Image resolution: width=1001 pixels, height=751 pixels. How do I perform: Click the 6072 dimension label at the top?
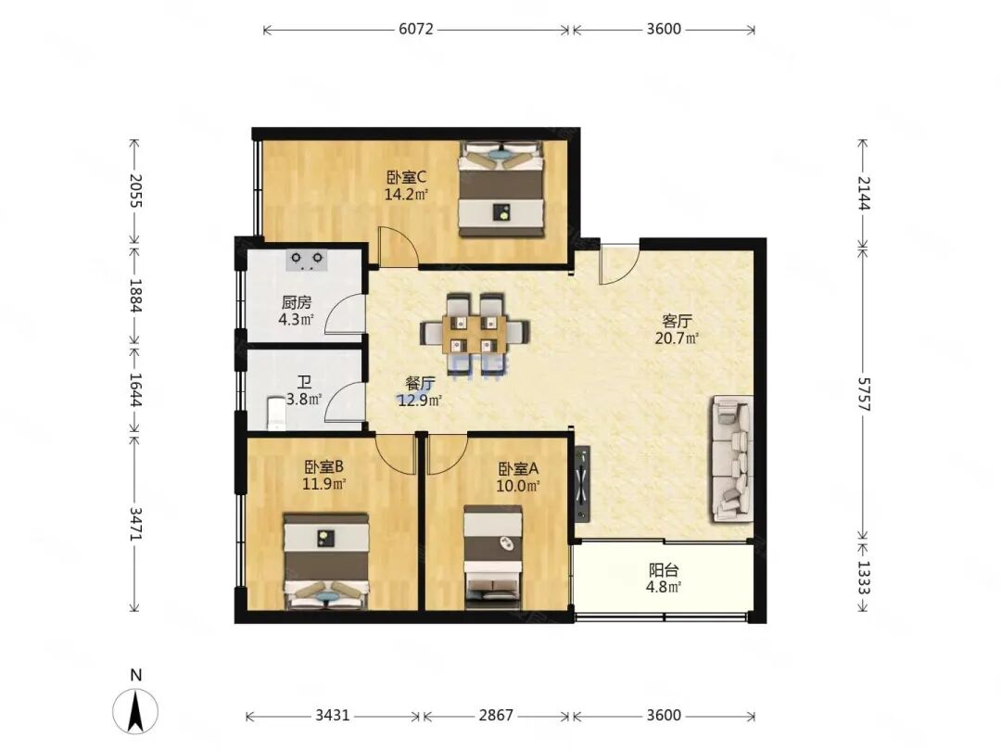(416, 29)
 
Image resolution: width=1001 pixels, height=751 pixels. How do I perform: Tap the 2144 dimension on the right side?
(863, 193)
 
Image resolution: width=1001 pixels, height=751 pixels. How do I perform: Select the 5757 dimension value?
(863, 394)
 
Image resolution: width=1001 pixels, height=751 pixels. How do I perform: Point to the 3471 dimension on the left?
(134, 524)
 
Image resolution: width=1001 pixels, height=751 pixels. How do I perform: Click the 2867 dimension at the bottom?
(496, 715)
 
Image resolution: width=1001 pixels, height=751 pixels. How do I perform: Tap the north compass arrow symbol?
(135, 710)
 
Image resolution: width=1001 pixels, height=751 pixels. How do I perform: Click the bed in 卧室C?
(501, 190)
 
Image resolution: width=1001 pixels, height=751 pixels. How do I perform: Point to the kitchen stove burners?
(307, 261)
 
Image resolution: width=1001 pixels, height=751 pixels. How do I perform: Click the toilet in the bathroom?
(276, 414)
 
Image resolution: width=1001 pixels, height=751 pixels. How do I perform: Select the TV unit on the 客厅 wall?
(582, 483)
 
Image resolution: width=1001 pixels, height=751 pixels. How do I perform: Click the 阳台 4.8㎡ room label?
(664, 578)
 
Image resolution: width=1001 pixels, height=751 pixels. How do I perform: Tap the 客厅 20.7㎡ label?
(677, 329)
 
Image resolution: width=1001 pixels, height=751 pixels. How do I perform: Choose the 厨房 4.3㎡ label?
(297, 311)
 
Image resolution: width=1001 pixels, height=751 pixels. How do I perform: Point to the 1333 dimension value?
(863, 578)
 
